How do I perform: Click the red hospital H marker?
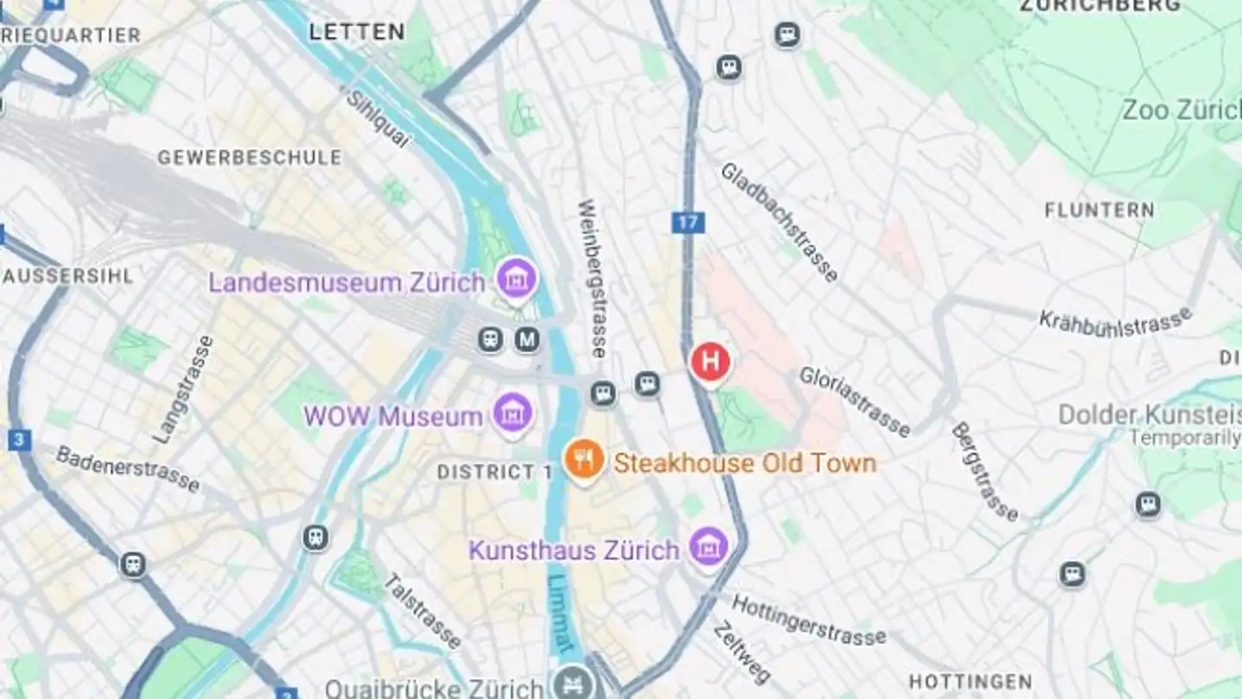tap(710, 362)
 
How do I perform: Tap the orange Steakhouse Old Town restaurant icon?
tap(584, 459)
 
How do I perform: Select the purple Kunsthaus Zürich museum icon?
tap(709, 546)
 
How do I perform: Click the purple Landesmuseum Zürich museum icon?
tap(517, 279)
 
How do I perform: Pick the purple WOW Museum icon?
tap(513, 413)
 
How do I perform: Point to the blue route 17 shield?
tap(687, 223)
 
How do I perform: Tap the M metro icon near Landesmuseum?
tap(527, 339)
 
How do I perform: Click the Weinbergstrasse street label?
tap(593, 278)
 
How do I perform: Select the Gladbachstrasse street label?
tap(779, 222)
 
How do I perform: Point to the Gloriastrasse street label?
tap(854, 401)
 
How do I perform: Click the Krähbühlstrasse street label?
tap(1114, 323)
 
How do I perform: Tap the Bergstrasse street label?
tap(984, 471)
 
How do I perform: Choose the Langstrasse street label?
tap(182, 389)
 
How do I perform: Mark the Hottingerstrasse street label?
tap(808, 620)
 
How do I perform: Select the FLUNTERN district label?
tap(1099, 210)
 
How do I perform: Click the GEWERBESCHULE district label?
tap(249, 158)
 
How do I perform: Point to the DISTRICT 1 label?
tap(494, 472)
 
